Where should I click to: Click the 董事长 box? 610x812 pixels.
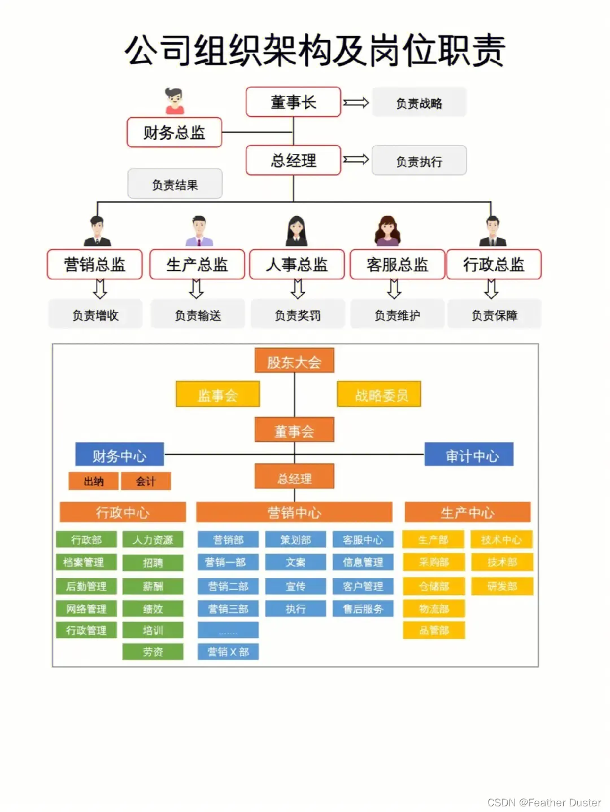[x=293, y=102]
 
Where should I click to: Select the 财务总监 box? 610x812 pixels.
[x=174, y=133]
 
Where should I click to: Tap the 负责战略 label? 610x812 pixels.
[x=419, y=103]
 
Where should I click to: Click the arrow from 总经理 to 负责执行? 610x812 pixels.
[x=356, y=160]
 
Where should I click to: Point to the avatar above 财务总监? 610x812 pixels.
[x=175, y=101]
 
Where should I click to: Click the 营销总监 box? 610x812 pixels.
[x=94, y=265]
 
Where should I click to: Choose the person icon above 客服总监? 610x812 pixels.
[x=387, y=230]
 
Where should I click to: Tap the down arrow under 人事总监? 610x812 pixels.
[x=298, y=289]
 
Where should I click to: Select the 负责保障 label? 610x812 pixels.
[x=494, y=315]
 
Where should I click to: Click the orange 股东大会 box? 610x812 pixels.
[x=294, y=361]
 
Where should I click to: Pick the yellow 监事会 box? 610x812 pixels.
[x=217, y=394]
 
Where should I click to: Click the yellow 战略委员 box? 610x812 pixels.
[x=379, y=394]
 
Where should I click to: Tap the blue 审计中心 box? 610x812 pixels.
[x=469, y=455]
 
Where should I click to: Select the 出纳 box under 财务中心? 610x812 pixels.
[x=94, y=481]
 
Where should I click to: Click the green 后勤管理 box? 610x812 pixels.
[x=86, y=586]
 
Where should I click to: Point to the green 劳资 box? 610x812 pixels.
[x=152, y=652]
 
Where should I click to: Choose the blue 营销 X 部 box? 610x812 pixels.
[x=228, y=652]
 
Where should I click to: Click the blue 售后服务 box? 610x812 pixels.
[x=363, y=609]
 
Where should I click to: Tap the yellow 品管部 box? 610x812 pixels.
[x=434, y=630]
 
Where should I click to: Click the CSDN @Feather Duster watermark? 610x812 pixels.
[x=544, y=802]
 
